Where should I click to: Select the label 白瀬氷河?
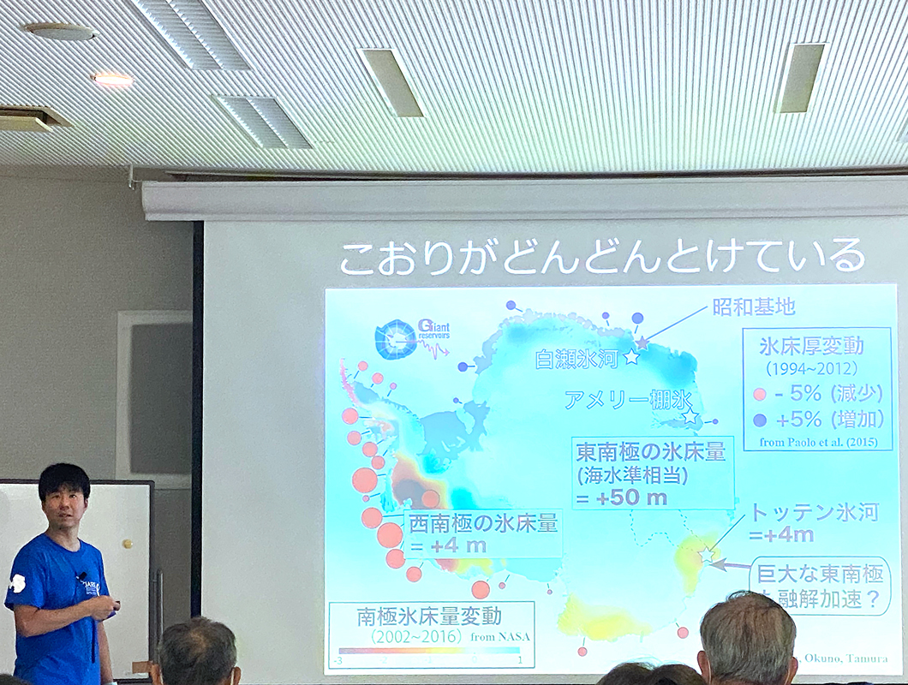(x=576, y=358)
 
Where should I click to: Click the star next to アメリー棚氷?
(x=690, y=417)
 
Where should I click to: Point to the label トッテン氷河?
(x=814, y=513)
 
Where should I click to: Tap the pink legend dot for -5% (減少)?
(x=759, y=396)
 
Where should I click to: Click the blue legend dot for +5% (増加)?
(x=759, y=420)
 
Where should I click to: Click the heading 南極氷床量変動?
(x=429, y=616)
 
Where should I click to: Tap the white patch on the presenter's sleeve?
(x=15, y=584)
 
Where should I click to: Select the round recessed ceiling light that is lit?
(x=113, y=80)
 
